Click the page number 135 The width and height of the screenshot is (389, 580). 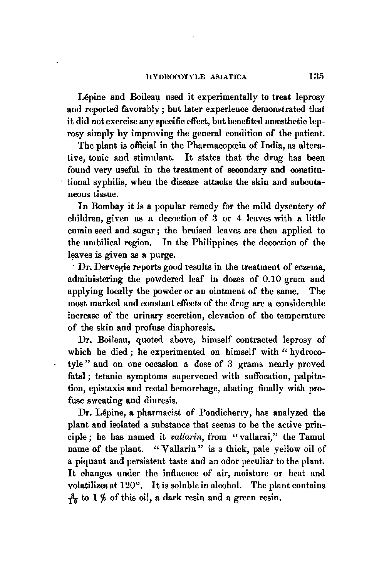pyautogui.click(x=317, y=76)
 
